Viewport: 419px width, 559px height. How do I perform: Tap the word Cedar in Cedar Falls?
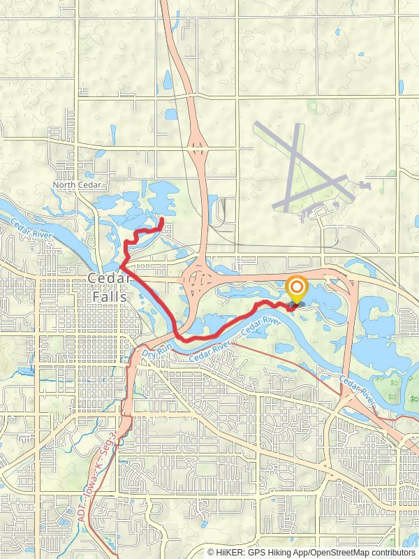108,279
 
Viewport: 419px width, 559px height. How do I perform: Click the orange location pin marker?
297,289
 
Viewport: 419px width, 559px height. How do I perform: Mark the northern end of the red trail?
162,220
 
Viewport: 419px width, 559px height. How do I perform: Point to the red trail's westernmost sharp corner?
121,266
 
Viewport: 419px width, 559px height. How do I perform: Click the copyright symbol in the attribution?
211,552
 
